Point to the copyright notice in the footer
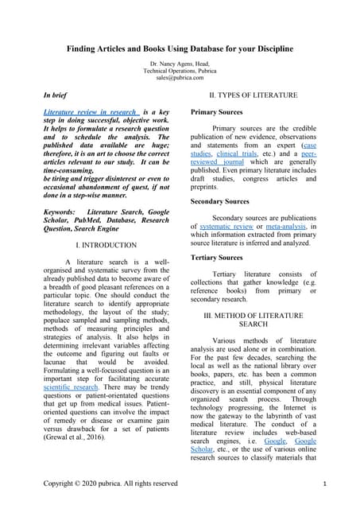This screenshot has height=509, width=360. tap(110, 484)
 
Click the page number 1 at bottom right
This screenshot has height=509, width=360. tap(327, 484)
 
